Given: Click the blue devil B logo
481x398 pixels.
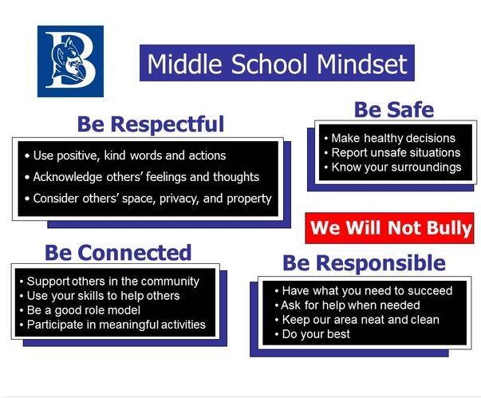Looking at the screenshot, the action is [x=70, y=61].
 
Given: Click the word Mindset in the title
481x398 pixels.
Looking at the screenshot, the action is [x=362, y=64].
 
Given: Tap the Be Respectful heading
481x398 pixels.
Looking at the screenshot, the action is [x=151, y=124].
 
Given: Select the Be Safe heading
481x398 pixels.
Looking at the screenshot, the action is [x=394, y=109].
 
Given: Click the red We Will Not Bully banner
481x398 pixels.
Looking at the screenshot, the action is [x=389, y=228].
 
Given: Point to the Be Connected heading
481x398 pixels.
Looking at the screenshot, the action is [x=118, y=253].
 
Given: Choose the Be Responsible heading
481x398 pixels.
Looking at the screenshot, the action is [x=364, y=263].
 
